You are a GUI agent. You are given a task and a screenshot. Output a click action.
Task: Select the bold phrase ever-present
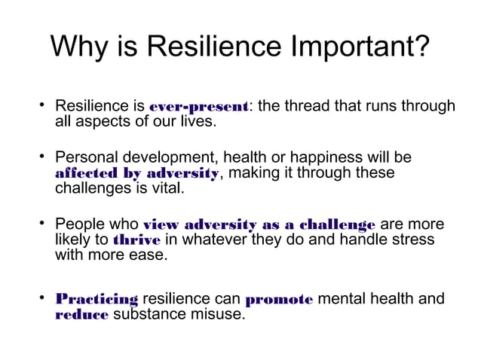(200, 107)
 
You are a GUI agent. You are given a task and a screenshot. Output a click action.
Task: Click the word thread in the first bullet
(310, 106)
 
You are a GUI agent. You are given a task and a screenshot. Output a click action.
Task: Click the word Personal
(85, 158)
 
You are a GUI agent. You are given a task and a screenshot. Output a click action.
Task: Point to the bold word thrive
(136, 240)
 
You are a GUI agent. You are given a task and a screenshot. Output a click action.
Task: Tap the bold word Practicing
(97, 299)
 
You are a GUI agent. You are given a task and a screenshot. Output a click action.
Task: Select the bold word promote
(279, 299)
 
